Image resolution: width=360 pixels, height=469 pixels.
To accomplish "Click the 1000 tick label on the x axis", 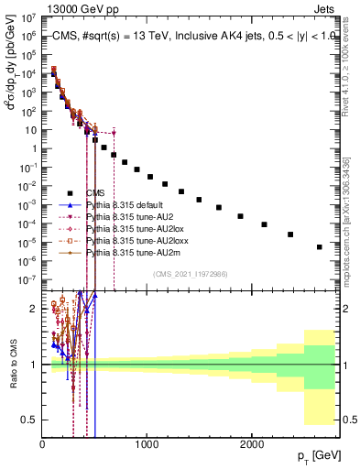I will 147,443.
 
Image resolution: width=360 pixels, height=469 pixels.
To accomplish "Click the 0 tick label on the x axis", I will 42,443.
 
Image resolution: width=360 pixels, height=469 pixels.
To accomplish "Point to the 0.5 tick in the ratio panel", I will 29,420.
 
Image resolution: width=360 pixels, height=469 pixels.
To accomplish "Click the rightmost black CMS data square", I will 319,246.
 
